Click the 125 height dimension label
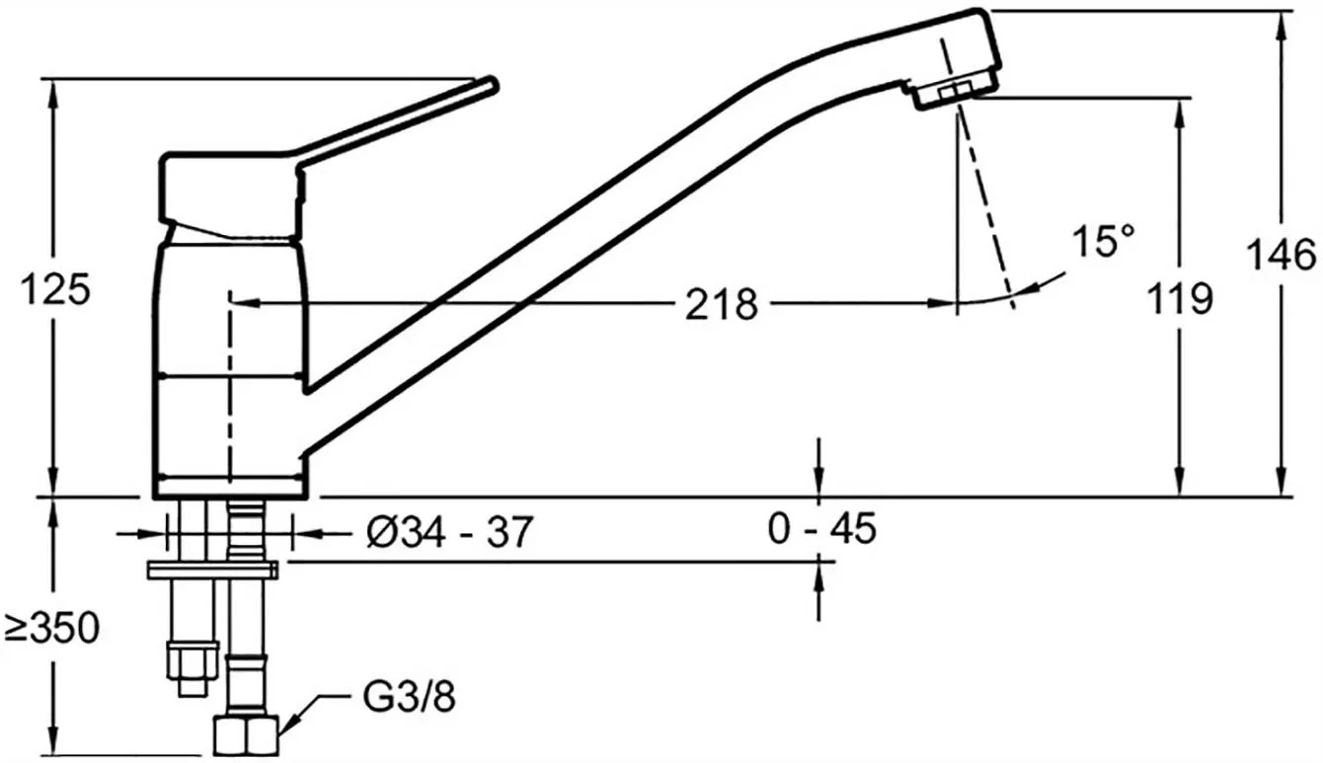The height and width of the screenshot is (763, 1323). click(x=55, y=289)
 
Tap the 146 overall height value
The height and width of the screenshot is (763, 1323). click(x=1282, y=255)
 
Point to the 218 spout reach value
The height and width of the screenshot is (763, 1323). click(x=721, y=305)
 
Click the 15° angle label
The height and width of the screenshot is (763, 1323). click(x=1103, y=241)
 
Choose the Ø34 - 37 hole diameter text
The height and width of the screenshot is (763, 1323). click(x=449, y=532)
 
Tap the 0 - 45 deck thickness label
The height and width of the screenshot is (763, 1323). click(x=822, y=528)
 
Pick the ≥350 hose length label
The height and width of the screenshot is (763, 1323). click(x=52, y=628)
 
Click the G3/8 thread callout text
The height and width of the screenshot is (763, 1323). click(x=409, y=697)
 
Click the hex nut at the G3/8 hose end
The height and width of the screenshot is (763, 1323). click(x=246, y=735)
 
